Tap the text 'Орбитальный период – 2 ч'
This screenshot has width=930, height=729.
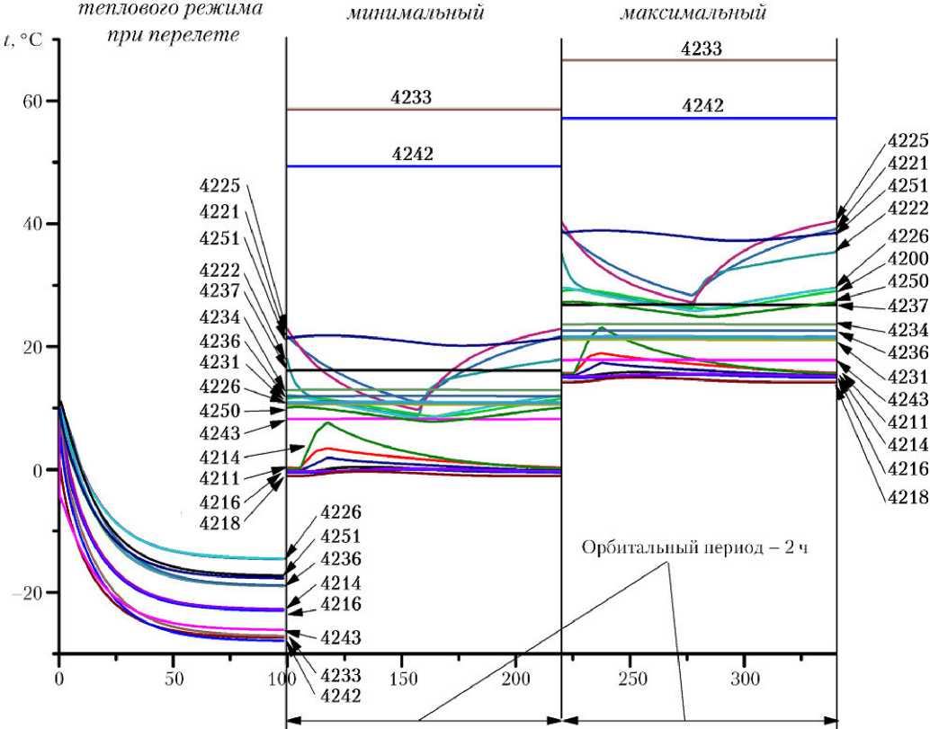tap(695, 547)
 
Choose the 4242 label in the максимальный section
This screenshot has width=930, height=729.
tap(702, 106)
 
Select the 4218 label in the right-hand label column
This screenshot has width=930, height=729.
tap(908, 495)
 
